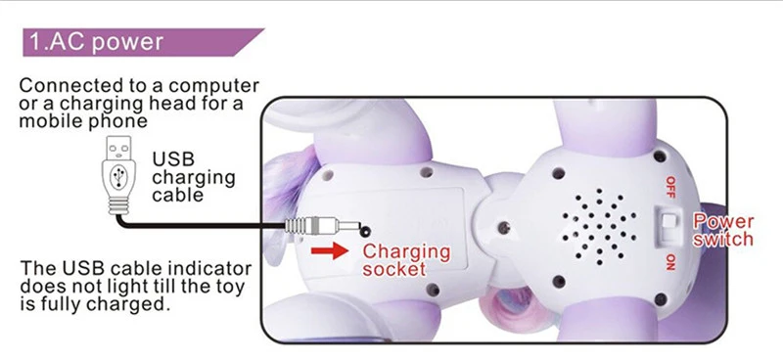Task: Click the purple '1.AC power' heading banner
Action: tap(142, 42)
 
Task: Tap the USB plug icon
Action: tap(118, 175)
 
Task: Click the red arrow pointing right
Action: tap(330, 250)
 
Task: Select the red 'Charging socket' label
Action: tap(406, 259)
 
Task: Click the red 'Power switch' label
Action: tap(722, 230)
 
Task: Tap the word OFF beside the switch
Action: tap(670, 187)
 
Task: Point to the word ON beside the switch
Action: tap(670, 261)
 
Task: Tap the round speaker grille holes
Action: tap(599, 226)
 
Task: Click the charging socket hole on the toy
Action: tap(365, 231)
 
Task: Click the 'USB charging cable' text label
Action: tap(193, 177)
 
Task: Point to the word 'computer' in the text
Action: tap(213, 86)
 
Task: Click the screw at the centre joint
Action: tap(504, 228)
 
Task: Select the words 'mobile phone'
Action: tap(83, 121)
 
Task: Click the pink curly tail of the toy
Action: tap(504, 304)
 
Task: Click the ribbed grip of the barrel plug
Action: tap(296, 226)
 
